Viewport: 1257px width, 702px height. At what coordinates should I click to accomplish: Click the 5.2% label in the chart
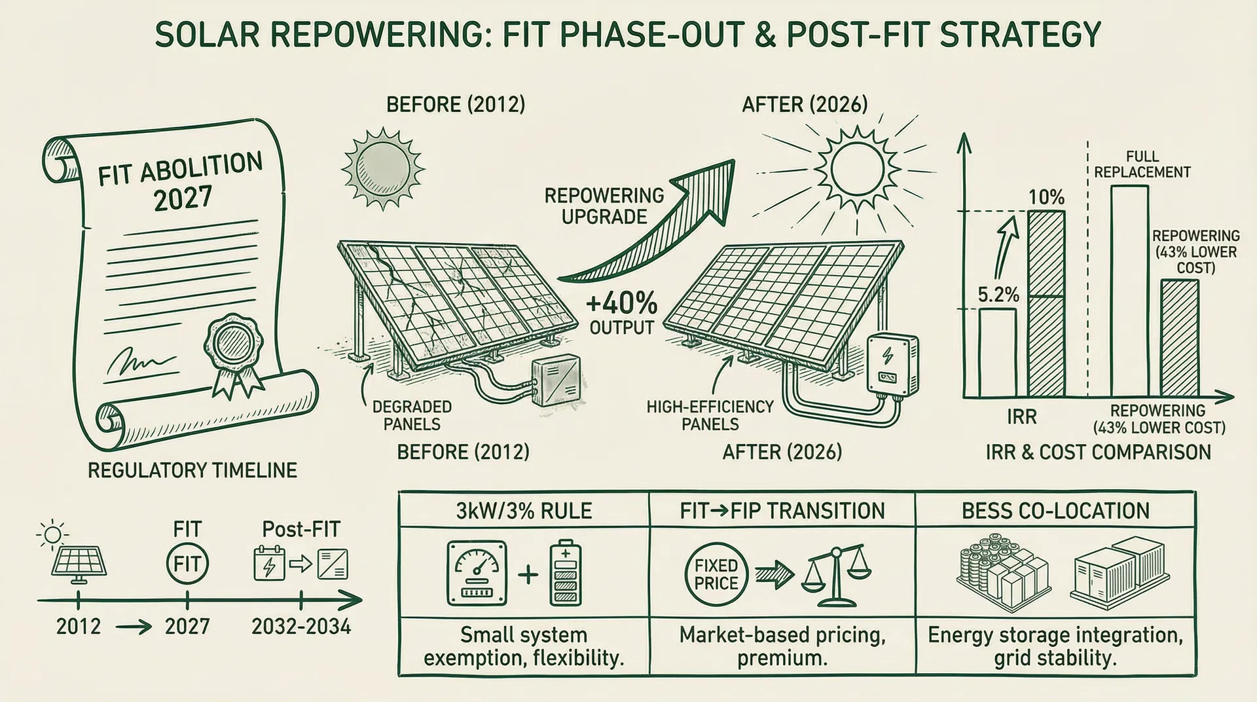tap(998, 295)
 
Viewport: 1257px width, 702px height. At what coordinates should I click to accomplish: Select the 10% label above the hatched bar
tap(1046, 198)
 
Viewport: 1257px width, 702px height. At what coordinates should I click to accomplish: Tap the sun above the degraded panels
tap(382, 168)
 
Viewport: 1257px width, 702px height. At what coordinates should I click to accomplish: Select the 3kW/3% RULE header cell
tap(524, 511)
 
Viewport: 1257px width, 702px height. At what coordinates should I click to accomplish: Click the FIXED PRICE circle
tap(716, 574)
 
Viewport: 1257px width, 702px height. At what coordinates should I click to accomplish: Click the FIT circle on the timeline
tap(187, 564)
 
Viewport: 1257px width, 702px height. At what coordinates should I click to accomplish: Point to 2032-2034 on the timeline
tap(301, 627)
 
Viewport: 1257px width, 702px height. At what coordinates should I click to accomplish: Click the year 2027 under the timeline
tap(187, 627)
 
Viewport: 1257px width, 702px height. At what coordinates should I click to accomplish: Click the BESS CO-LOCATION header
tap(1055, 511)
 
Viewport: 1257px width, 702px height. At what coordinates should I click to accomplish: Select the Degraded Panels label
tap(412, 415)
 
